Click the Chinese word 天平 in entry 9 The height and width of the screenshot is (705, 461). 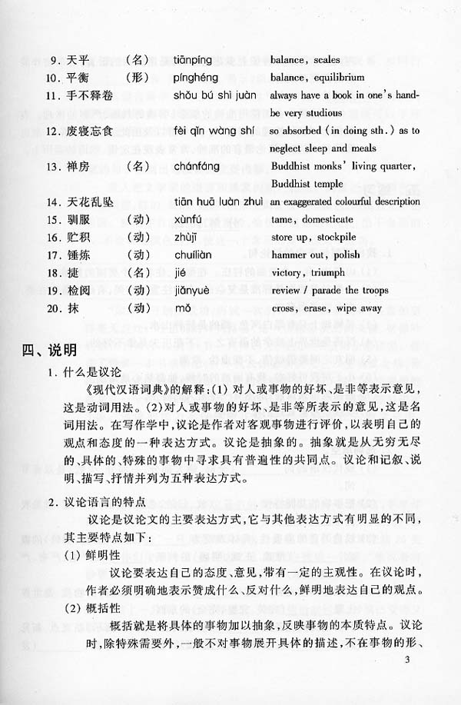click(x=79, y=59)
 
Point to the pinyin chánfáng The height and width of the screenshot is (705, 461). click(x=189, y=165)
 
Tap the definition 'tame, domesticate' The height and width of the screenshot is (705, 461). click(x=307, y=220)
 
